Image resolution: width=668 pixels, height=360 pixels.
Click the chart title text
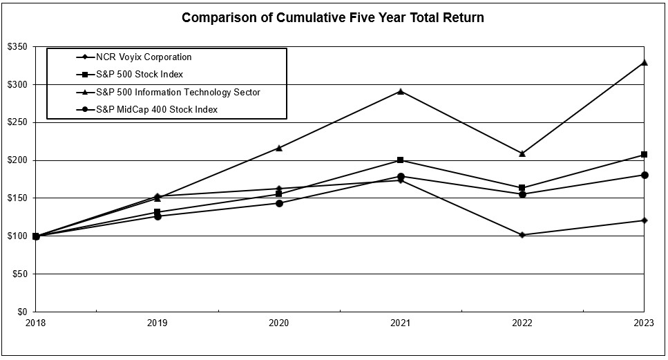pyautogui.click(x=332, y=18)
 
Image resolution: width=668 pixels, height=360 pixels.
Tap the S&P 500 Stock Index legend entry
pyautogui.click(x=140, y=74)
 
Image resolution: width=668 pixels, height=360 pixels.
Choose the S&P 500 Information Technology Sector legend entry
pyautogui.click(x=178, y=92)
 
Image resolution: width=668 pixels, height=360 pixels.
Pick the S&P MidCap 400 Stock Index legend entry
pyautogui.click(x=157, y=109)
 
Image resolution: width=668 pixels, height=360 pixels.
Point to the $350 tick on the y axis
pyautogui.click(x=19, y=47)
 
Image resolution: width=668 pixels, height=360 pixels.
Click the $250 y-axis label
pyautogui.click(x=19, y=122)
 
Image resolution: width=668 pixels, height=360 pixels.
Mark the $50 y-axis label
pyautogui.click(x=21, y=274)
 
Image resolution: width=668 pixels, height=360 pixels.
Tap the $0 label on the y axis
pyautogui.click(x=23, y=312)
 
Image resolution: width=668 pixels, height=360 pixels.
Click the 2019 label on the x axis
pyautogui.click(x=158, y=322)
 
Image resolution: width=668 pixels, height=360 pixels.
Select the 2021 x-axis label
pyautogui.click(x=401, y=322)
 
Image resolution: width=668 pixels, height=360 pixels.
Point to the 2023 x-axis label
pyautogui.click(x=644, y=322)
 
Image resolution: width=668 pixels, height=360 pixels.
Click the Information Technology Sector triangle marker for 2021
pyautogui.click(x=401, y=91)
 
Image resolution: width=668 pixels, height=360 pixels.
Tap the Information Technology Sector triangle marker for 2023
pyautogui.click(x=644, y=62)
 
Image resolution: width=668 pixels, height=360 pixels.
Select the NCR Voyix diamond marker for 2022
pyautogui.click(x=522, y=235)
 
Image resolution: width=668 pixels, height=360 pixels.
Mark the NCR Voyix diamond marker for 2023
pyautogui.click(x=644, y=220)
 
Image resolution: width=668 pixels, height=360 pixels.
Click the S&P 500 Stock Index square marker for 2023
pyautogui.click(x=644, y=154)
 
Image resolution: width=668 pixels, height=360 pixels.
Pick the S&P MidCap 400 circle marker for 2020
pyautogui.click(x=279, y=203)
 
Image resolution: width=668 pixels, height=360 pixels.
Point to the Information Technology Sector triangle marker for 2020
pyautogui.click(x=279, y=148)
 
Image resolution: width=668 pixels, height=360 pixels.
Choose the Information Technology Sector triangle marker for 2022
pyautogui.click(x=522, y=153)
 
